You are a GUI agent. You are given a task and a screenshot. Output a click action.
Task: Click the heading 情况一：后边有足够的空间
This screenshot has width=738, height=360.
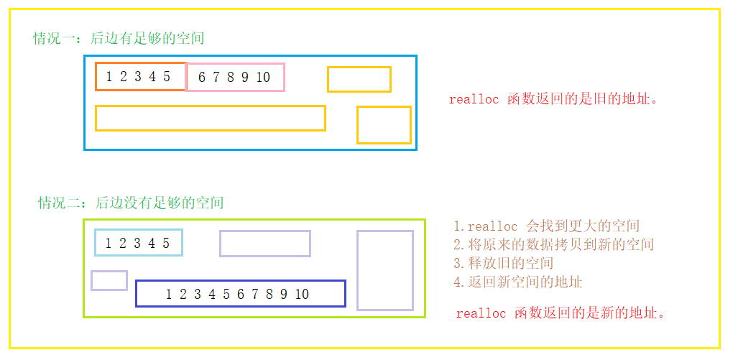point(119,38)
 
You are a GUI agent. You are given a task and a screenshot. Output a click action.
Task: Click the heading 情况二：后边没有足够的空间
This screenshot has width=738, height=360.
point(131,203)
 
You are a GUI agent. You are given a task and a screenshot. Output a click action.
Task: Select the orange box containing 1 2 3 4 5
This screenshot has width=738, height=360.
point(141,77)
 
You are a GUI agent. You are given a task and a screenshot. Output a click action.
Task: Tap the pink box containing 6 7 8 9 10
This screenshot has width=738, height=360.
point(235,78)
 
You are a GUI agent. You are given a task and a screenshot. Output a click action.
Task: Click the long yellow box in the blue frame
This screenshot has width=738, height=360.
point(210,119)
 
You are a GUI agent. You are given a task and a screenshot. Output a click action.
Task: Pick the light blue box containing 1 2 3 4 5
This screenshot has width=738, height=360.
point(138,243)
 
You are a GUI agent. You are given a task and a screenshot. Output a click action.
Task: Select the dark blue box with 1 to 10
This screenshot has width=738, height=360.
point(240,293)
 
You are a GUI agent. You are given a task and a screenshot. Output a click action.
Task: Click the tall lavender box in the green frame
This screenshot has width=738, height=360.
point(384,270)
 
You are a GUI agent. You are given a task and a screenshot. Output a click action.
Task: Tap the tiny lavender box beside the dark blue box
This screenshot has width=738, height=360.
point(109,280)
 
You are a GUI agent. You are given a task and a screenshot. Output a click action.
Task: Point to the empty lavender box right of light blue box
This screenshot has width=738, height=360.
point(264,244)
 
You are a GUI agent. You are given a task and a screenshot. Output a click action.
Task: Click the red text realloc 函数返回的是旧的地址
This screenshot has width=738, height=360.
point(553,99)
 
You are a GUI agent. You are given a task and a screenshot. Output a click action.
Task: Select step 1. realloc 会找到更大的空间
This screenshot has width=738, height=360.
point(546,226)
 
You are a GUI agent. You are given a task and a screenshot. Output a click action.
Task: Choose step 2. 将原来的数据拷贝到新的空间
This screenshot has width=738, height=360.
point(553,245)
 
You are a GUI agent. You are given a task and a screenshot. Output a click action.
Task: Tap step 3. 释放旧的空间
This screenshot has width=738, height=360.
point(503,263)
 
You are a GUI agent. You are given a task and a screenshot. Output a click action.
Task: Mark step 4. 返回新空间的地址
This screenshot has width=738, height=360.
point(517,282)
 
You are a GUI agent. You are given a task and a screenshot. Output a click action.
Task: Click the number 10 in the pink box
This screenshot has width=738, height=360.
point(262,78)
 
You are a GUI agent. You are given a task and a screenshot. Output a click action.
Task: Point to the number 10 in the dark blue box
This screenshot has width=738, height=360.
point(301,294)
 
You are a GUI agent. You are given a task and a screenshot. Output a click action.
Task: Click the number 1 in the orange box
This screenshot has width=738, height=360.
point(109,77)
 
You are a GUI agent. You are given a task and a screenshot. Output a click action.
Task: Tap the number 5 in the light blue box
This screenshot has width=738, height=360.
point(166,243)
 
